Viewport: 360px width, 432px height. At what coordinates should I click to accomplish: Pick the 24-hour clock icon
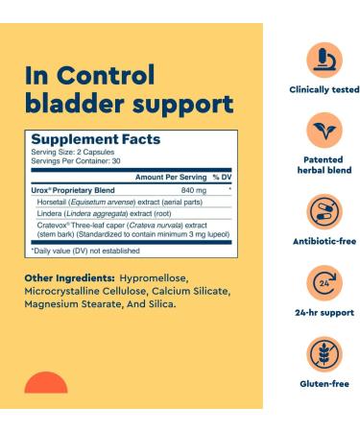click(324, 285)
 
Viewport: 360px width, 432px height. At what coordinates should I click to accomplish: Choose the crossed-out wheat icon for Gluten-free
click(324, 355)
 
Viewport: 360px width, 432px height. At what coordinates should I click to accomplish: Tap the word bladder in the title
click(80, 103)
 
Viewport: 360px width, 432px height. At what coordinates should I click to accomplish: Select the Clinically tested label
click(324, 89)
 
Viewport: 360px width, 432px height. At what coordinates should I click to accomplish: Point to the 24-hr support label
click(324, 313)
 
